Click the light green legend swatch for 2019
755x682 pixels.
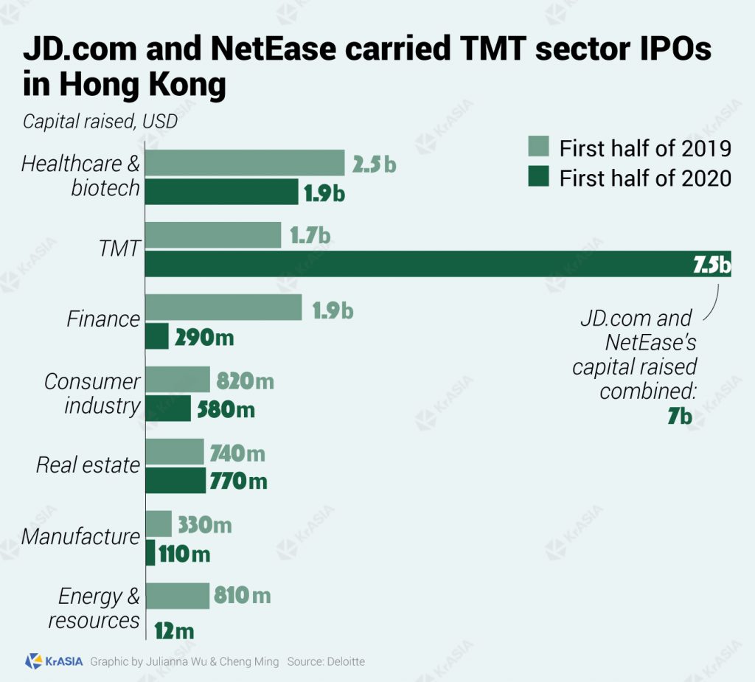(x=538, y=147)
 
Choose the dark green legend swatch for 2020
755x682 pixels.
(x=538, y=177)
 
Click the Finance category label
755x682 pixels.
(x=103, y=319)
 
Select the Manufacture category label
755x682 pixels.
(x=80, y=536)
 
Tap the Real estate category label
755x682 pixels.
(x=88, y=464)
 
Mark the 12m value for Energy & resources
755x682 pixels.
(x=175, y=631)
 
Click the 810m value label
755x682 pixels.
(x=242, y=594)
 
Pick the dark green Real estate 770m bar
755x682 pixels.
(x=175, y=481)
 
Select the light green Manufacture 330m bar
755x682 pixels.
(x=159, y=524)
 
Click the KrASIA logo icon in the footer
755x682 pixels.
(x=33, y=661)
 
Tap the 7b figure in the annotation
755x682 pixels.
(x=679, y=417)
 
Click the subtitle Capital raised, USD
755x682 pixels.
(x=100, y=121)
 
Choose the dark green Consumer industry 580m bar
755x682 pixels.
(x=168, y=408)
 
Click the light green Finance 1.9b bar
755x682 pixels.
(x=223, y=307)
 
